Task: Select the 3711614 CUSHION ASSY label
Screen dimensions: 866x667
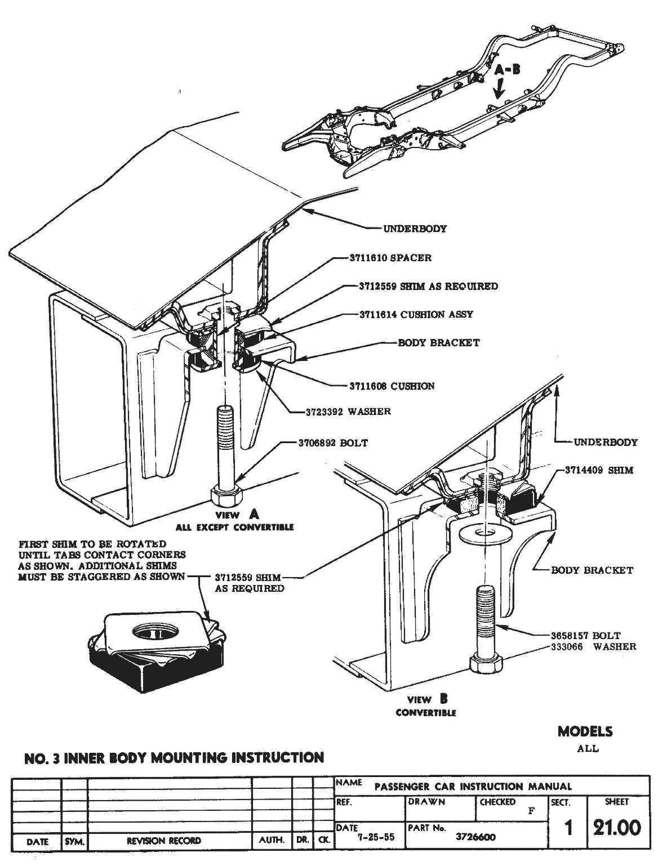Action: coord(416,314)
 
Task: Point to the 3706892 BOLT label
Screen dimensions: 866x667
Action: coord(333,443)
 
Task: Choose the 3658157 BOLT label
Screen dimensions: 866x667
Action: coord(585,636)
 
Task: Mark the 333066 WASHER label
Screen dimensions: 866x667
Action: coord(593,646)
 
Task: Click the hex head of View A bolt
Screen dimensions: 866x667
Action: coord(227,496)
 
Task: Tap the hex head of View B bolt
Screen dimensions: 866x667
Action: coord(485,662)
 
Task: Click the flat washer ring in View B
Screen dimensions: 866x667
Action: coord(486,533)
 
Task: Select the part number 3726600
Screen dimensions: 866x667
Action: coord(475,837)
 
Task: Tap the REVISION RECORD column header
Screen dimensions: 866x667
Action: coord(163,841)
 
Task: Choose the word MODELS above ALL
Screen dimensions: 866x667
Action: coord(585,731)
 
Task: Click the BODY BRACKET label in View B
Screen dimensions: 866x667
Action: coord(592,570)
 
